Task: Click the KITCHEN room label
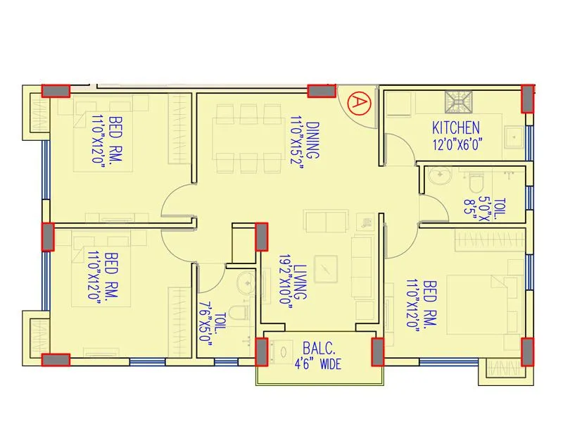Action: (455, 128)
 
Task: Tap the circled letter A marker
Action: (358, 103)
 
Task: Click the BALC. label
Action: (320, 347)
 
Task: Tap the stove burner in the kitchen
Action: (458, 104)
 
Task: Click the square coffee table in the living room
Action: (326, 270)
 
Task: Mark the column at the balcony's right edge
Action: (377, 351)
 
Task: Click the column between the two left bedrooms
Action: (48, 237)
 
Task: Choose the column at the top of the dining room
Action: (322, 91)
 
